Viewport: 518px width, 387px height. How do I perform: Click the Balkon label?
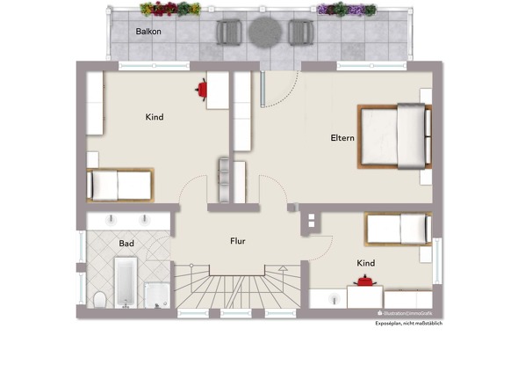click(148, 32)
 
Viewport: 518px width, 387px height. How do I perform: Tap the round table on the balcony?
click(265, 33)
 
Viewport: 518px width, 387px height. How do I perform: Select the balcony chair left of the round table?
click(228, 33)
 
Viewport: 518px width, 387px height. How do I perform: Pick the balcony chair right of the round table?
click(301, 33)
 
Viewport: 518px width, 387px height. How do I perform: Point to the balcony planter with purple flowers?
click(347, 9)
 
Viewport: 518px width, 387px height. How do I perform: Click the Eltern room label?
click(342, 138)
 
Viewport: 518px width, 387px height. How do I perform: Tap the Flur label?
click(238, 241)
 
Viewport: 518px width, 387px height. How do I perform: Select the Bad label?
click(126, 244)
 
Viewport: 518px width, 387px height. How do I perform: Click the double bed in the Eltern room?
click(394, 136)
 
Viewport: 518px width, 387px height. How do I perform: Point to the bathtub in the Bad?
click(126, 282)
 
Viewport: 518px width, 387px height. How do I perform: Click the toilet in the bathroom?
click(99, 299)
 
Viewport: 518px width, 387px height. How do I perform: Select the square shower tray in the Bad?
click(157, 296)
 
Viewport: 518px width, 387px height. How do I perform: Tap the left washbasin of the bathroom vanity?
click(111, 220)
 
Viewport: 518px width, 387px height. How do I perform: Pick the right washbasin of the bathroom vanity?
click(144, 220)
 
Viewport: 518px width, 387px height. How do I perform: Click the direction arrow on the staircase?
click(283, 268)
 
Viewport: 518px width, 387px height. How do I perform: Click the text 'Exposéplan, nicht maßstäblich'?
click(408, 324)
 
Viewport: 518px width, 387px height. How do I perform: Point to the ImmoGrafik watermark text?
click(406, 313)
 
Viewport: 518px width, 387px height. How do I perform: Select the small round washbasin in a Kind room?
click(335, 300)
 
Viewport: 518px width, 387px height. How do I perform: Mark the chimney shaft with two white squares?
click(311, 221)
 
